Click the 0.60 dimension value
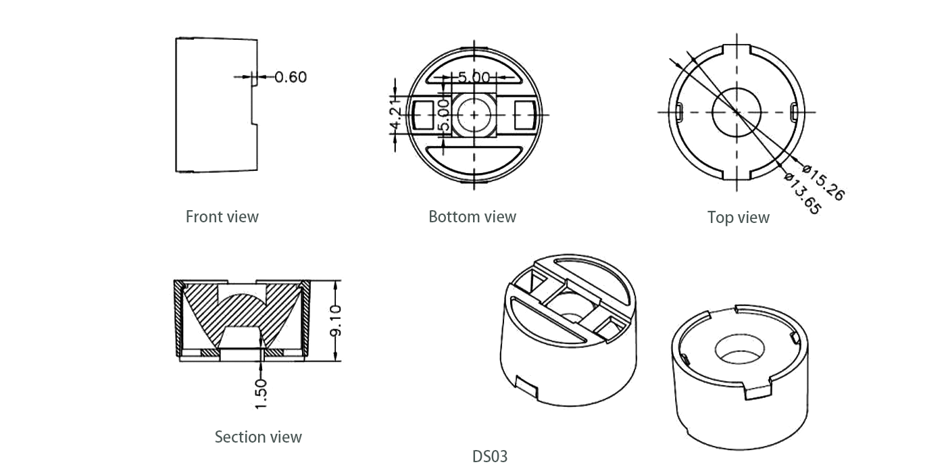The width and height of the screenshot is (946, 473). [291, 77]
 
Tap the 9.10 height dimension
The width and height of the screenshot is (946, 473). [336, 320]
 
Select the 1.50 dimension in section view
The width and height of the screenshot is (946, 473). [262, 393]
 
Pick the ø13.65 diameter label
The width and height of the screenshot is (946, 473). [802, 193]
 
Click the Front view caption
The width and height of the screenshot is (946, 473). [222, 217]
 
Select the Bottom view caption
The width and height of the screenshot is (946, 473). [472, 217]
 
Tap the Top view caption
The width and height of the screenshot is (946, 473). [738, 218]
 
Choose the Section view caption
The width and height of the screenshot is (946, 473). [258, 437]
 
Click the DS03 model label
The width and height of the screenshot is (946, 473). [489, 456]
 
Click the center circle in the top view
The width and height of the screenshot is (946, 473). [737, 111]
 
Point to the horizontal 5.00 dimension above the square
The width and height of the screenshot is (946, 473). [473, 77]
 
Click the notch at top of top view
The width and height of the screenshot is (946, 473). [737, 51]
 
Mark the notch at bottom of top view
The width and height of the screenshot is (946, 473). [737, 174]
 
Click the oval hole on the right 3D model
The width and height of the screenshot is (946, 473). [740, 347]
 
